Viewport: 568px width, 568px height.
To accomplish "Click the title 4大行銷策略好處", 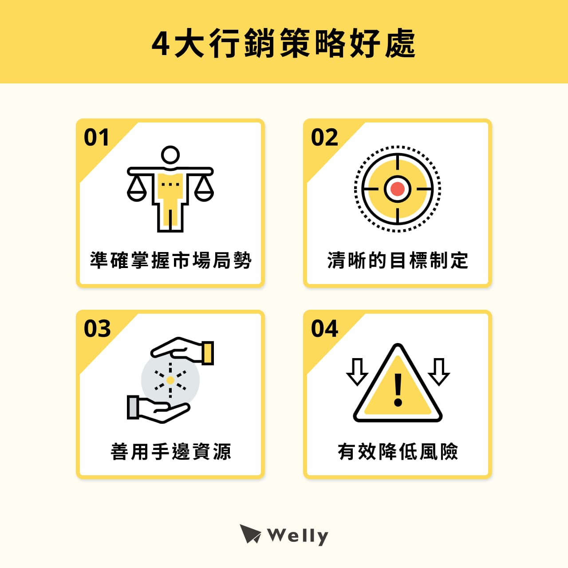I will (x=284, y=43).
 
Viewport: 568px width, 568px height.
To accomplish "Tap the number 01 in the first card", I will (x=96, y=138).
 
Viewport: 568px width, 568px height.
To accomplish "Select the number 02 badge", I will (x=324, y=138).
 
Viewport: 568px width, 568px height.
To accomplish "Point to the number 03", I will (x=97, y=329).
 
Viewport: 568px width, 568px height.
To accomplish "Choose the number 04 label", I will (x=324, y=329).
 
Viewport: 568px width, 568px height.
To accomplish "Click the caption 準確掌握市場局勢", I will (x=171, y=260).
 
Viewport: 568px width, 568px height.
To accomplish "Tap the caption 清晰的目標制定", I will (x=398, y=260).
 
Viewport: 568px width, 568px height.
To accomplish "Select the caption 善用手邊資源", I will (x=171, y=452).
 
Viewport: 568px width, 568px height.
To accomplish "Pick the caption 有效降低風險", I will (x=398, y=452).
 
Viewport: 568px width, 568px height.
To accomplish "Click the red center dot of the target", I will (x=398, y=189).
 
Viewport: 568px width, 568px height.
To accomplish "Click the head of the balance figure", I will (x=170, y=155).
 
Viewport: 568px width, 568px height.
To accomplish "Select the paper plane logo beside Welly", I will (x=250, y=534).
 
